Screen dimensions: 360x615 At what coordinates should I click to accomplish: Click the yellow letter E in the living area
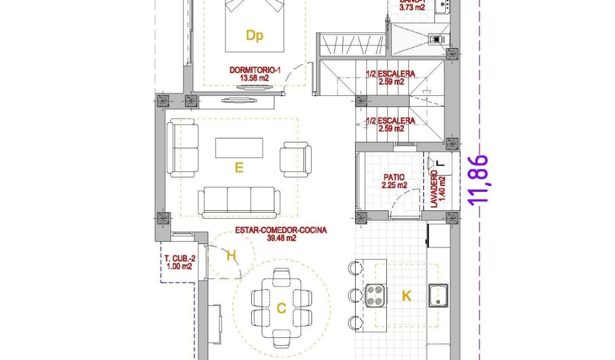pos(239,168)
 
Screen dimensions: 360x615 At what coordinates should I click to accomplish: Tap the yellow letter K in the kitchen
pos(406,296)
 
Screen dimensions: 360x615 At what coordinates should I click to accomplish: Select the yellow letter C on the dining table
pos(281,308)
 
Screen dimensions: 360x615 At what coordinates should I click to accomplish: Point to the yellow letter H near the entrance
pos(231,256)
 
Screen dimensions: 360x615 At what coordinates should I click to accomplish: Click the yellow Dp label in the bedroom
pos(254,36)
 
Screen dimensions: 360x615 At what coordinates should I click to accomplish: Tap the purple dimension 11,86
pos(480,180)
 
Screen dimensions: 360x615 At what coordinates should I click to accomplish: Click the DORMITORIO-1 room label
pos(255,70)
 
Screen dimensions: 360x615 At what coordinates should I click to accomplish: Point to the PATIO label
pos(394,177)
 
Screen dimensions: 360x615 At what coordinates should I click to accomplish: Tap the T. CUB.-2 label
pos(179,258)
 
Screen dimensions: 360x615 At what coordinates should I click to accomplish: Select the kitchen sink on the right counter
pos(438,295)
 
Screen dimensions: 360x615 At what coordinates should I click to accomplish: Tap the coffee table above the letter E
pos(239,148)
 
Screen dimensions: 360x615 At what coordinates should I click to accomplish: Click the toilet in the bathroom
pos(437,39)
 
